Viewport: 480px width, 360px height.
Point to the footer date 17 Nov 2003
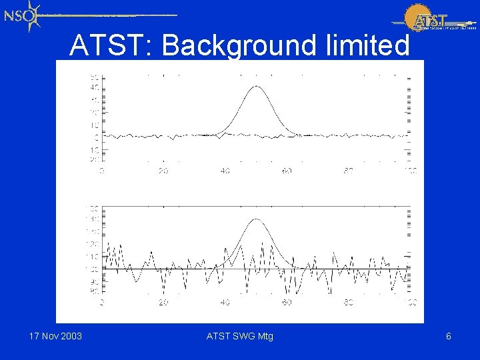56,336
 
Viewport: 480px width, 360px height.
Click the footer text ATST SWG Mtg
240,336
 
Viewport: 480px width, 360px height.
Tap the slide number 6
449,336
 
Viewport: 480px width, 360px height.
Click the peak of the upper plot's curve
257,87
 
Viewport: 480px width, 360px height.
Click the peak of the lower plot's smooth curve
257,219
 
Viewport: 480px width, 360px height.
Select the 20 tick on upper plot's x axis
163,171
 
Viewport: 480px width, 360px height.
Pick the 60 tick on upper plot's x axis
287,171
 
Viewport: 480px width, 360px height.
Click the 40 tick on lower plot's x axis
225,303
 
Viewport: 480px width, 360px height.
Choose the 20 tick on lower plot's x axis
163,303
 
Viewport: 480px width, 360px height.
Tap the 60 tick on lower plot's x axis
287,303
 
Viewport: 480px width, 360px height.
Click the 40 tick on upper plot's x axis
225,171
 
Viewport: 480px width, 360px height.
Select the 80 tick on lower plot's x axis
349,303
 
